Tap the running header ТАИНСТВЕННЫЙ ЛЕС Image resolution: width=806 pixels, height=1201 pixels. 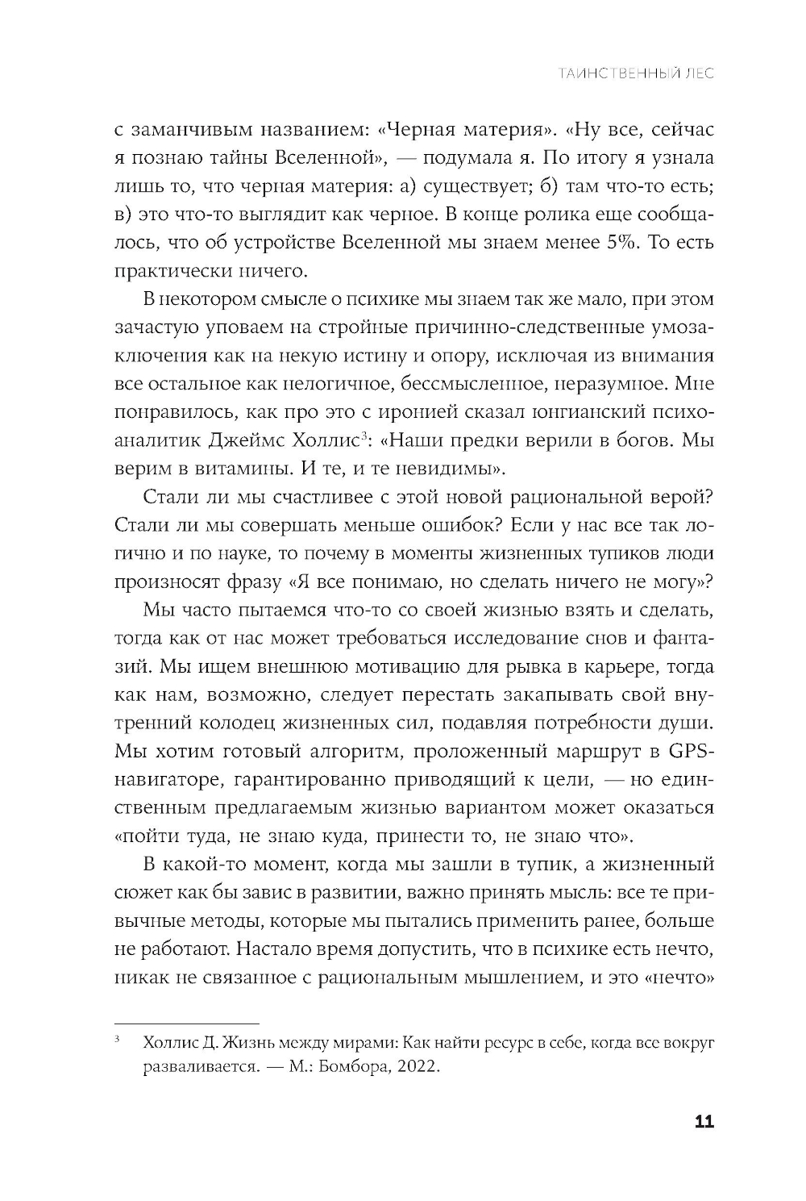click(x=635, y=74)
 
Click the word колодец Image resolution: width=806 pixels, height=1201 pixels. click(x=244, y=724)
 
